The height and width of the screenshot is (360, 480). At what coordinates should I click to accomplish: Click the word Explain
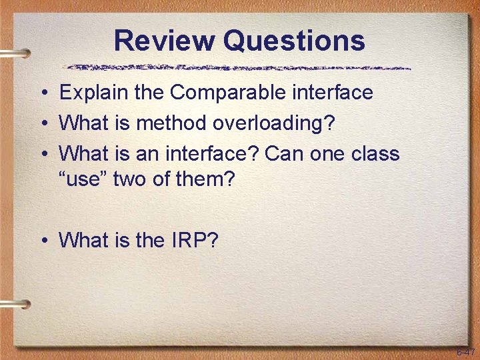(x=94, y=92)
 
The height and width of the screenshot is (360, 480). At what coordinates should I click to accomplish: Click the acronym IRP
(x=193, y=240)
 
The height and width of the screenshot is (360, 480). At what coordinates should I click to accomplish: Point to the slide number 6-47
(x=465, y=351)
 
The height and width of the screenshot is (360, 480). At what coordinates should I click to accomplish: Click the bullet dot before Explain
(x=42, y=93)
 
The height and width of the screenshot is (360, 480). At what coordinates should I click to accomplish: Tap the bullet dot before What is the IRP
(x=42, y=241)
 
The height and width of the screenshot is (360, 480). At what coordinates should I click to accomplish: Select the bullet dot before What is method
(x=42, y=123)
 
